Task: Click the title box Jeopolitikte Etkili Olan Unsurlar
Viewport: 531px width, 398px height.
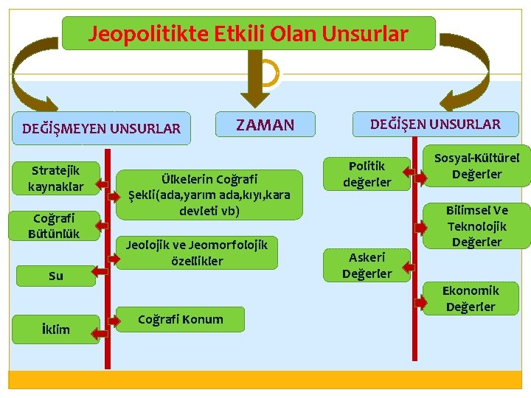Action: [x=249, y=34]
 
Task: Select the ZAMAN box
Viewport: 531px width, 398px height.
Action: [x=265, y=125]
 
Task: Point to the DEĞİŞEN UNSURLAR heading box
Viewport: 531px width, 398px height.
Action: [x=435, y=124]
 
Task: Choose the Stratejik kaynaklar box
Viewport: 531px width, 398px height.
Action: [x=56, y=178]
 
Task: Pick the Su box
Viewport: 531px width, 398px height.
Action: [x=56, y=276]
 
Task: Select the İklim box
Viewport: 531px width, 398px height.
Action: [x=56, y=329]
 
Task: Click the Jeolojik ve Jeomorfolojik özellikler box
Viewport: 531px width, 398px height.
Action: [x=197, y=252]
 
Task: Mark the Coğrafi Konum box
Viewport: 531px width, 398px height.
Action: [x=181, y=319]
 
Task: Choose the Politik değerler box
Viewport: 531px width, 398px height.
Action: [x=367, y=174]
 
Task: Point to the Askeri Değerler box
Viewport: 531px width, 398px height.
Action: [x=367, y=265]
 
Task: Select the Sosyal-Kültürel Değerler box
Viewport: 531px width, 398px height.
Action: [x=477, y=166]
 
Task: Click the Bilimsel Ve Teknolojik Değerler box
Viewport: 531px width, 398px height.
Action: [x=477, y=226]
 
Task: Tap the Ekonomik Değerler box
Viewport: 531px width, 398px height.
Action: [x=471, y=298]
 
